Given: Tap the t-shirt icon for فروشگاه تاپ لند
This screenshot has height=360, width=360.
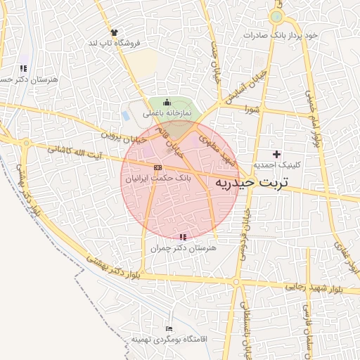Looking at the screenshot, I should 114,32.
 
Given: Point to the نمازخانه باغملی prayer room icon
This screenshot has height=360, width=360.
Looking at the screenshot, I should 166,103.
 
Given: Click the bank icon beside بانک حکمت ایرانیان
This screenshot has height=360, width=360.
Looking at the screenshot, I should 157,167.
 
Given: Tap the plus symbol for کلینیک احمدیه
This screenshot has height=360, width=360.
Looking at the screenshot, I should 276,153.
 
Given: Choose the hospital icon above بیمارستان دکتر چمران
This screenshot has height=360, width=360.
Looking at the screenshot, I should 183,238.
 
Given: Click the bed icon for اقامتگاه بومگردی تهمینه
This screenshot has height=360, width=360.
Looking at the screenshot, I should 168,328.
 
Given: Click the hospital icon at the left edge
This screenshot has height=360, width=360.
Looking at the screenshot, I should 23,69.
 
